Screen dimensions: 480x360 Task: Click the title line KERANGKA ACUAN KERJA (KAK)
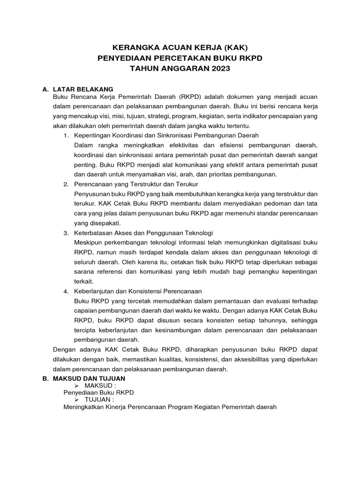click(x=180, y=47)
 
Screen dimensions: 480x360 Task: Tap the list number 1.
click(x=66, y=135)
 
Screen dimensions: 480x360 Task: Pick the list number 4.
click(x=66, y=291)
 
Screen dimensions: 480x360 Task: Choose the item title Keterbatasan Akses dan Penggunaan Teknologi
click(x=144, y=232)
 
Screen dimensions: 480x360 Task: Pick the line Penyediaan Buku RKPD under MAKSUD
click(x=98, y=392)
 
